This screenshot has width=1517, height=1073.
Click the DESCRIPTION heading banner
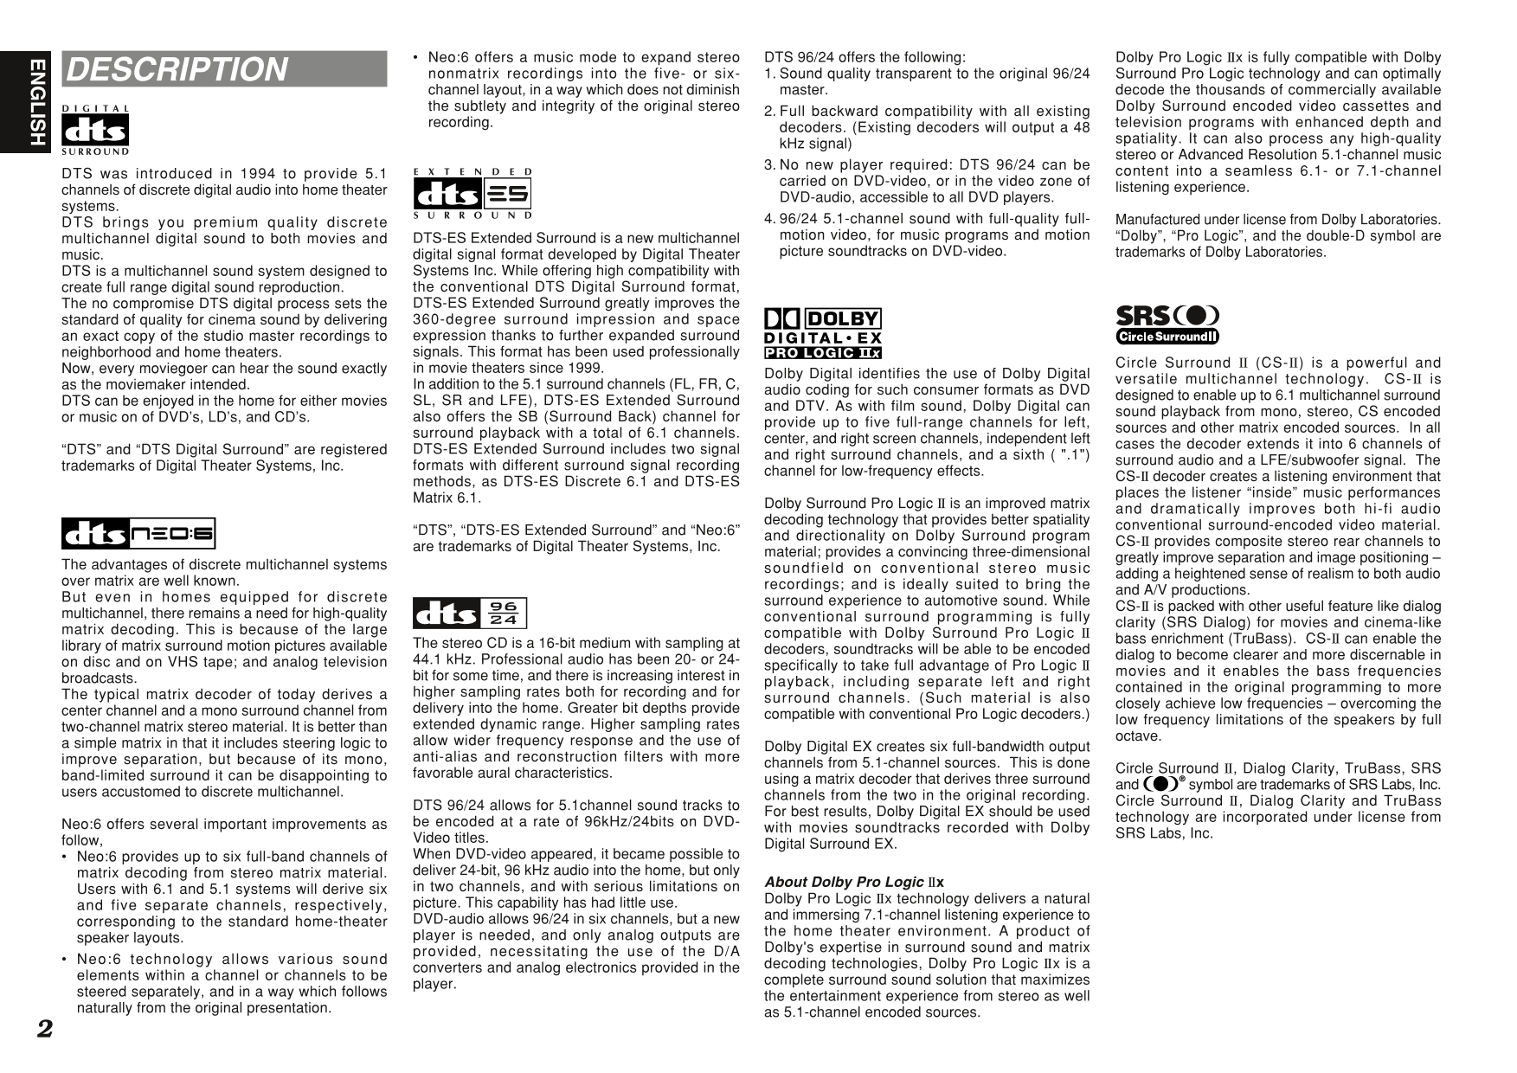point(224,69)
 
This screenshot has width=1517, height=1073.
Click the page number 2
point(44,1029)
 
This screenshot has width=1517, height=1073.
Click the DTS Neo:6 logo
point(138,534)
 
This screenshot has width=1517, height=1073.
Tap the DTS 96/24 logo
point(470,614)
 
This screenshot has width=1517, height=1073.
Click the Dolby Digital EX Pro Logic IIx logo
point(822,334)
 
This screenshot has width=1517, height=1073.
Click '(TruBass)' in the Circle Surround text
point(1264,639)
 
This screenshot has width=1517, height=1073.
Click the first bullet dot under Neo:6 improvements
point(65,857)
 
